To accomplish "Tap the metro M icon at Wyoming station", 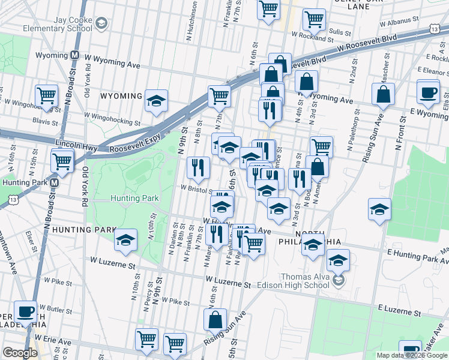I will tap(75, 55).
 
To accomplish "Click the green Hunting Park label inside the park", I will tap(134, 198).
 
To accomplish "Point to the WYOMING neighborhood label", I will tap(121, 96).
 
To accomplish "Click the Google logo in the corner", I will tap(20, 353).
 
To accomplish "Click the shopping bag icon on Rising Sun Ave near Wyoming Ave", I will tap(382, 94).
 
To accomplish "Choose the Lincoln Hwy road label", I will tap(76, 143).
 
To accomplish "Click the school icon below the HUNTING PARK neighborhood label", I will tap(125, 241).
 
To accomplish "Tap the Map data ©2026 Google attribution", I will tap(411, 355).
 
